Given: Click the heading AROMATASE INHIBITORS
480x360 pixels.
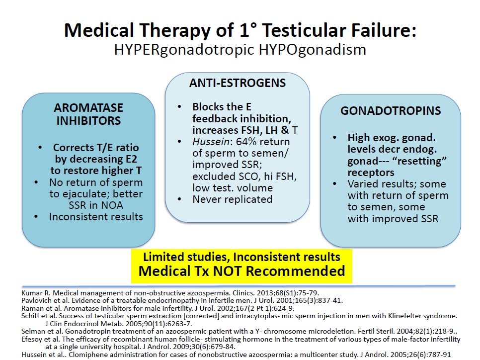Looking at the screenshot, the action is [x=88, y=114].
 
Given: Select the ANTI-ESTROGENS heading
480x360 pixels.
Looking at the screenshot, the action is [x=238, y=83].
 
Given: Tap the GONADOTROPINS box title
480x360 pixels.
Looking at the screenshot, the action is [x=391, y=110].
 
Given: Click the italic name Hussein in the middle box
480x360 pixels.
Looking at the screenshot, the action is [x=211, y=142].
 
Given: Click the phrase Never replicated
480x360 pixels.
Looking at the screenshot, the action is [x=233, y=199].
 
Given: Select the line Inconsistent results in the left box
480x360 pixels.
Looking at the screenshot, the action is [x=96, y=217].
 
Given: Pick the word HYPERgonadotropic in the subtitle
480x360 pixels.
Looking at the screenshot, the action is [x=184, y=50].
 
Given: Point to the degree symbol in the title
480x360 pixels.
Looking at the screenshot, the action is [x=252, y=26].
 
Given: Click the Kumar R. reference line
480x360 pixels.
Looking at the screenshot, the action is [x=170, y=293].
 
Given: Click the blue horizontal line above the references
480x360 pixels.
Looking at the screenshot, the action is [x=239, y=286].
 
